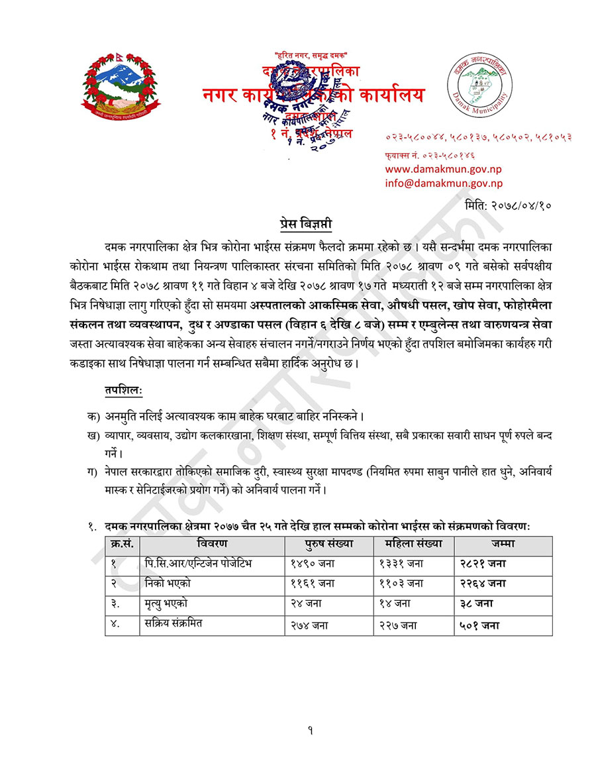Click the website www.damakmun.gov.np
tap(443, 169)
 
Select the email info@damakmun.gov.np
tap(443, 183)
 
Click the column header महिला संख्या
tap(413, 544)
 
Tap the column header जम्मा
tap(503, 544)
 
